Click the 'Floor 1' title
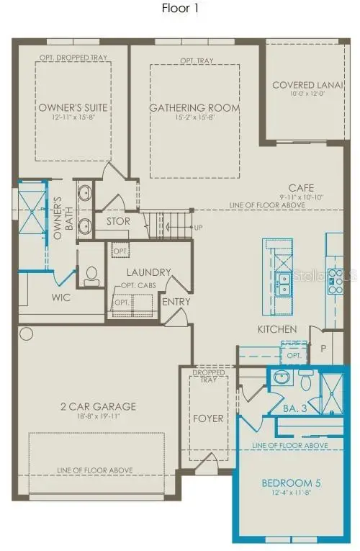point(180,10)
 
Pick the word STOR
point(117,221)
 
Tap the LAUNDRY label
point(148,272)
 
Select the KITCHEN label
point(277,329)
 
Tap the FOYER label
point(209,418)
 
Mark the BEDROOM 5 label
point(287,482)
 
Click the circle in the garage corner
point(27,333)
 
